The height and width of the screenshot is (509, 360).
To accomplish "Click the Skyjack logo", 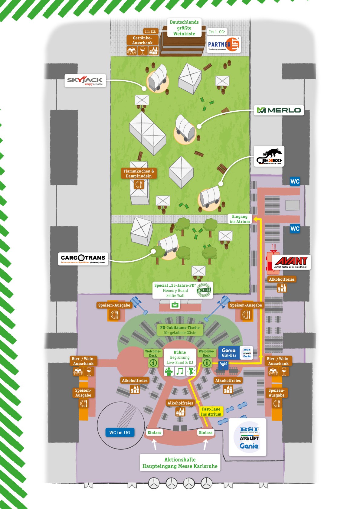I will coord(85,80).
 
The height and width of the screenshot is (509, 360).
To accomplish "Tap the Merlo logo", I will coord(279,110).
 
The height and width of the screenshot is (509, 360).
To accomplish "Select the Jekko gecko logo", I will coord(269,156).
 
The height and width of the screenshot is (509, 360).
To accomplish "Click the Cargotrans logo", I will coord(83,259).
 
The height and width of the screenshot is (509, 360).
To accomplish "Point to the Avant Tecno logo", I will coord(291,262).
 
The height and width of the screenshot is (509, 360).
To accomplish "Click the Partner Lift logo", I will coord(224,45).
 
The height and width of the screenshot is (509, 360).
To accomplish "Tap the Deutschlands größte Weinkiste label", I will coord(184,28).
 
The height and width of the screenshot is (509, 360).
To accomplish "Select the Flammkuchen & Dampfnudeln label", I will coord(139,173).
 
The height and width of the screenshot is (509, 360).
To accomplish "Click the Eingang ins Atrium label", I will coord(240,219).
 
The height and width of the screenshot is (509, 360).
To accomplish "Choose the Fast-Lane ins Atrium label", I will coord(211,412).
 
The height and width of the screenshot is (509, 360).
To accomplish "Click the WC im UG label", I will coord(120,432).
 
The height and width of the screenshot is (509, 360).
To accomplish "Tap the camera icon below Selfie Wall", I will coord(175,305).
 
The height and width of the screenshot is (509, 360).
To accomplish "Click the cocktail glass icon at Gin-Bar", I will coord(223,365).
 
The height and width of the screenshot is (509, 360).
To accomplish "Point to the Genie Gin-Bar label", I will coord(229,353).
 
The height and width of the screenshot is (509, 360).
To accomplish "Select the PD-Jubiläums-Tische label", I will coord(180,330).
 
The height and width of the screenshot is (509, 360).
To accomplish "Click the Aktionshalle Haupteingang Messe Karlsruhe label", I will coord(180,463).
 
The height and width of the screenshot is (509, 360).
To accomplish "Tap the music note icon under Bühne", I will coord(180,371).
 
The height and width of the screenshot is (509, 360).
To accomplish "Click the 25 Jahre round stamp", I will coord(204,290).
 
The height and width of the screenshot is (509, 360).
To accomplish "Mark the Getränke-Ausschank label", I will coord(142,40).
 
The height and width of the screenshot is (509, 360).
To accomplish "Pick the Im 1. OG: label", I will coord(217,32).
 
